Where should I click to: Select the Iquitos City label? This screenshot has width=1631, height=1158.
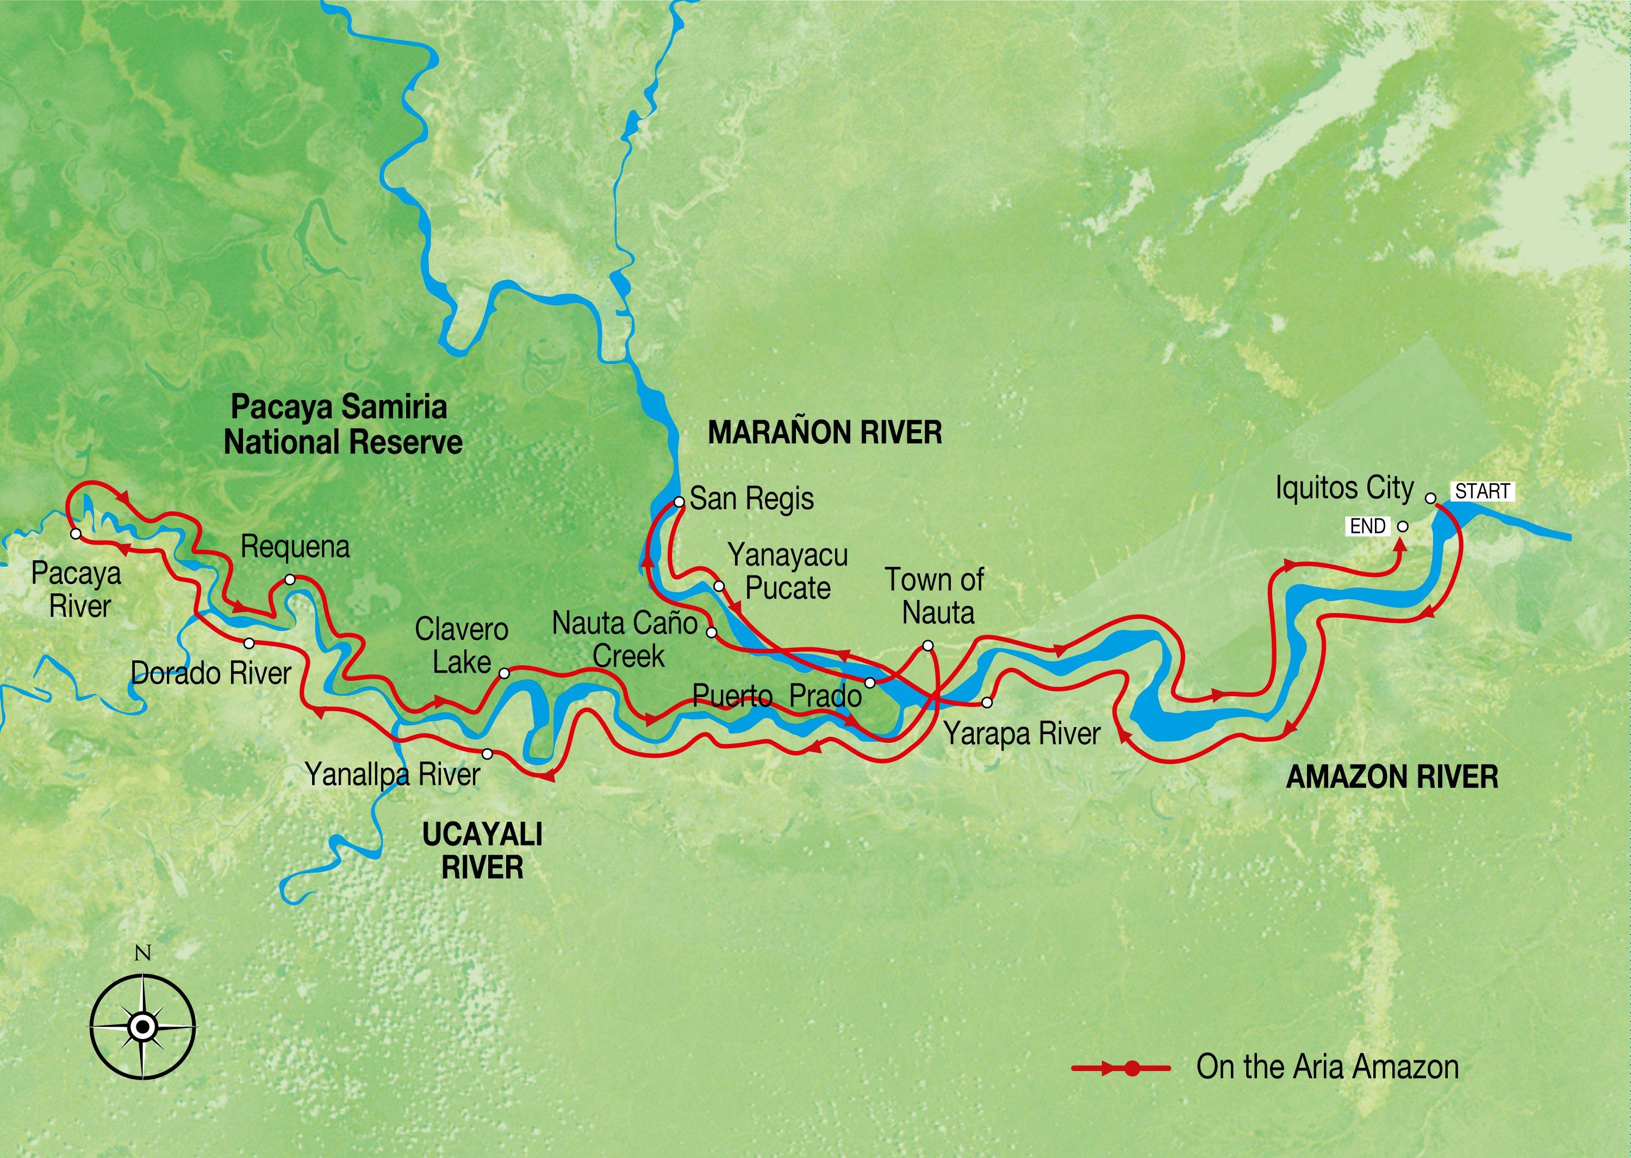click(x=1344, y=489)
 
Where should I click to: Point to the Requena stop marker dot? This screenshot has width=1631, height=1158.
click(x=290, y=580)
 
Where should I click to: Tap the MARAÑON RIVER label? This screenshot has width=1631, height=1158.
click(x=824, y=433)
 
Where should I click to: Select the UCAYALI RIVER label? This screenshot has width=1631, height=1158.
click(x=482, y=850)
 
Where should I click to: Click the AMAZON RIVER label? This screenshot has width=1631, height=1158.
click(x=1391, y=777)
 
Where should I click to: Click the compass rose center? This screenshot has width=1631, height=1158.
click(x=142, y=1027)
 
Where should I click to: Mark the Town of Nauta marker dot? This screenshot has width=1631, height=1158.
click(x=927, y=646)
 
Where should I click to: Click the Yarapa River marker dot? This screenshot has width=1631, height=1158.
click(x=987, y=703)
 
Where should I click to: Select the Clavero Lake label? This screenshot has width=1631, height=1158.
click(x=462, y=646)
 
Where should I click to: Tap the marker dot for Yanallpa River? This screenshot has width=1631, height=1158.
click(x=487, y=754)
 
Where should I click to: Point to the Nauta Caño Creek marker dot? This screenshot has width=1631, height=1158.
click(x=711, y=633)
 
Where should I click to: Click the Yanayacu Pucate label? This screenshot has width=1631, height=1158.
click(x=788, y=571)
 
